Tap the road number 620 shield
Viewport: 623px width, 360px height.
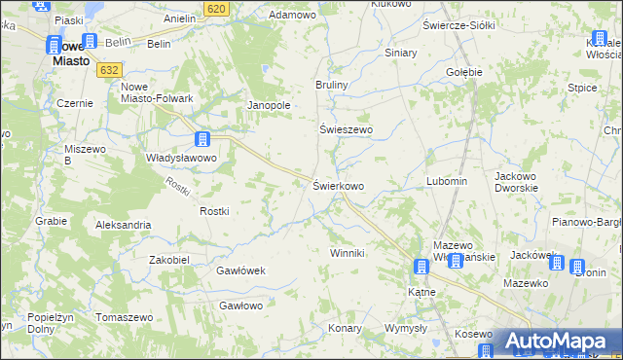tap(217, 8)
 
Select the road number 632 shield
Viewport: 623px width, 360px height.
tap(110, 70)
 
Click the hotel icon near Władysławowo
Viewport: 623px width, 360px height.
tap(202, 139)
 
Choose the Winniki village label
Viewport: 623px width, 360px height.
tap(347, 253)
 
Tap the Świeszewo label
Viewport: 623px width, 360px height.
tap(347, 128)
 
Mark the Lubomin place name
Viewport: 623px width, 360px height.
tap(447, 181)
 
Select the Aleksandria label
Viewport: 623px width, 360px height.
tap(123, 225)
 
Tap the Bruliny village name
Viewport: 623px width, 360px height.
tap(331, 86)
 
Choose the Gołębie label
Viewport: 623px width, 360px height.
tap(464, 71)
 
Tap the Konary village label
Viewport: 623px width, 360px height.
tap(345, 328)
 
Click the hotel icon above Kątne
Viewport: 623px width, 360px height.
tap(421, 266)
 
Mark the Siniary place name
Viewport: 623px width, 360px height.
tap(400, 53)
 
